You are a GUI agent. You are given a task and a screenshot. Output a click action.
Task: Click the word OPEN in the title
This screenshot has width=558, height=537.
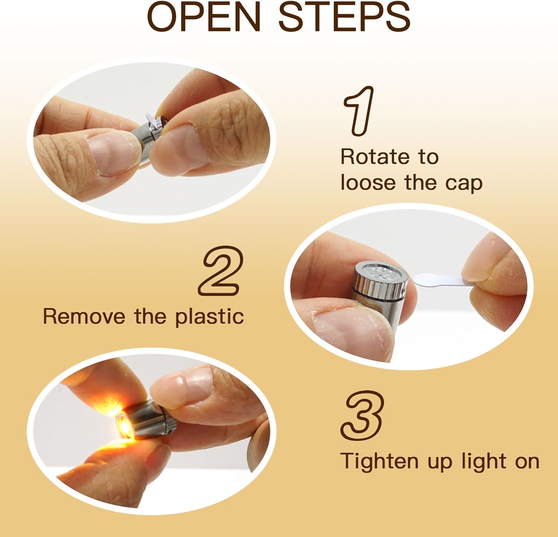204,17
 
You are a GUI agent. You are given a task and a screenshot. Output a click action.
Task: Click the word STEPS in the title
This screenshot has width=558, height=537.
344,17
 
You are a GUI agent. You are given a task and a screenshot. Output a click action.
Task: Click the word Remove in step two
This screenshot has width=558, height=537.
84,316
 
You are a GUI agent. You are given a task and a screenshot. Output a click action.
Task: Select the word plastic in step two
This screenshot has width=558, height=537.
209,317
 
